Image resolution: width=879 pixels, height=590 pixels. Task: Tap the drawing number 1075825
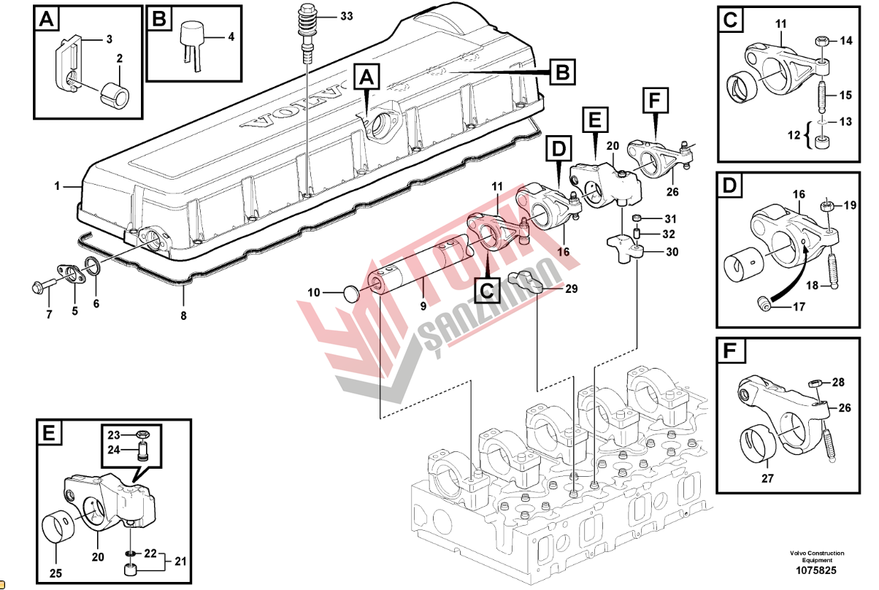click(816, 570)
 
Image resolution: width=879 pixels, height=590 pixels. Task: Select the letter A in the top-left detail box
click(46, 20)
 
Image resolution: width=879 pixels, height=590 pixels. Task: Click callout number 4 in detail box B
click(231, 37)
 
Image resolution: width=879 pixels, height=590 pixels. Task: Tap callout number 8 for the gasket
click(183, 316)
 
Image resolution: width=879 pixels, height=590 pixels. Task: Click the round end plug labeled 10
click(353, 294)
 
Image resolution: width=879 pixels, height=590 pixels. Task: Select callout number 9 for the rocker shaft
click(423, 307)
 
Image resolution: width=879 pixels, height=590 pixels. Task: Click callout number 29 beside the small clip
click(571, 289)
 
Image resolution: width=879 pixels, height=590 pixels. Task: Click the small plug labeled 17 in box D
click(764, 305)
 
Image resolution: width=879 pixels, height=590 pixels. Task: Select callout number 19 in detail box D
click(849, 205)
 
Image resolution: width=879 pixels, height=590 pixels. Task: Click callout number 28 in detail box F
click(838, 382)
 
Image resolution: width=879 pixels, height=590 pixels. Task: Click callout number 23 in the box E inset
click(114, 435)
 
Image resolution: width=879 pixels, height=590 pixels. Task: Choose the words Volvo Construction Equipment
click(816, 556)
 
